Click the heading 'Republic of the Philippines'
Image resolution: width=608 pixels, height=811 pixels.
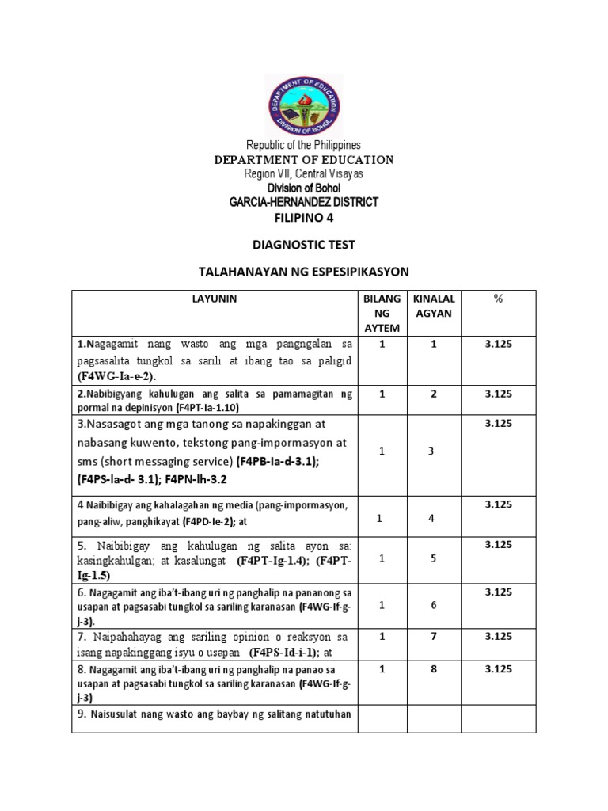point(304,145)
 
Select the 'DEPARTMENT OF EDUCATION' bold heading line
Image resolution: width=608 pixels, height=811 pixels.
point(304,160)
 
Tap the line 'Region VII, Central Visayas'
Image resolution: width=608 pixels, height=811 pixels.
point(304,173)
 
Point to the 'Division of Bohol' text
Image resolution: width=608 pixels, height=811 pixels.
point(304,188)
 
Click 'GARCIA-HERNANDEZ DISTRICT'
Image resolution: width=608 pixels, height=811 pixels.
point(304,202)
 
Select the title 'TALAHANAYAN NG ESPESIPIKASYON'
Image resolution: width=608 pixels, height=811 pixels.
point(304,272)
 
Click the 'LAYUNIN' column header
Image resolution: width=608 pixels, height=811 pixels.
point(214,299)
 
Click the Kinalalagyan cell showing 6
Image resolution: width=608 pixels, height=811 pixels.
point(431,605)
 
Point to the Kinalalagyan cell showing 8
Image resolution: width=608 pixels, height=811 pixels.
point(431,669)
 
